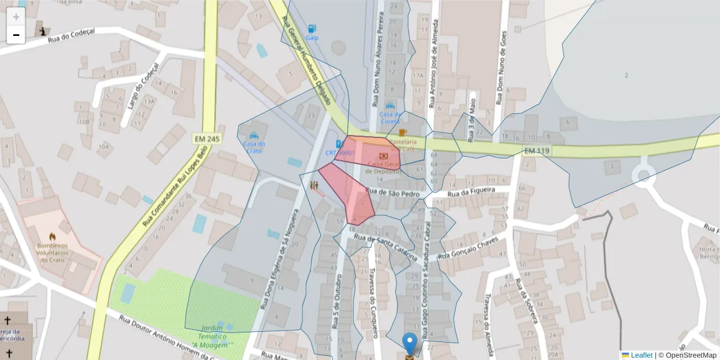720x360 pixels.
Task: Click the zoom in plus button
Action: tap(16, 17)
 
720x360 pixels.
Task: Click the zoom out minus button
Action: tap(16, 35)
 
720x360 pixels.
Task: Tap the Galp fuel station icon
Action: tap(311, 28)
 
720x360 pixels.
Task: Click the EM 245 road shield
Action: tap(205, 139)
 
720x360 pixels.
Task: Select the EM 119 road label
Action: tap(536, 151)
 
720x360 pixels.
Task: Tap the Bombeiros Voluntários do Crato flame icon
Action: tap(52, 236)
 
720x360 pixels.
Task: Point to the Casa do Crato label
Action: tap(253, 147)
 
